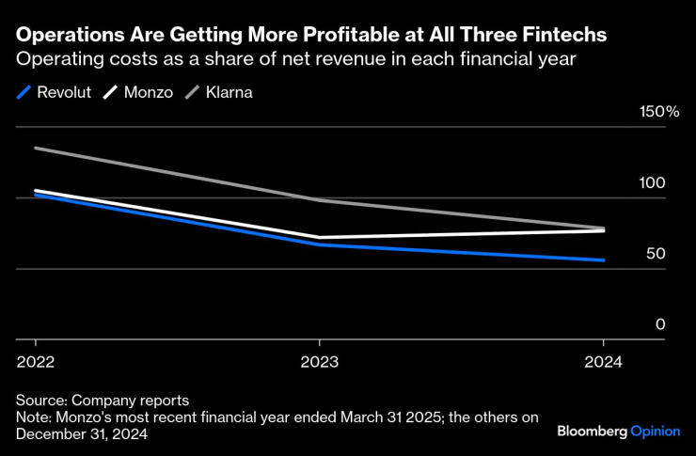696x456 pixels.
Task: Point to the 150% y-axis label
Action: click(659, 112)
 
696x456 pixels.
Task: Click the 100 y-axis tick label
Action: click(653, 183)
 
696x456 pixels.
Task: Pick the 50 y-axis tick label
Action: click(656, 254)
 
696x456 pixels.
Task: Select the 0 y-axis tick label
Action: click(660, 324)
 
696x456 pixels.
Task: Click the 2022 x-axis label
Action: click(35, 362)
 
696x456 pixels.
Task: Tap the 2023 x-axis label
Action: click(319, 362)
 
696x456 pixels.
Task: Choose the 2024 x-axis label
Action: click(603, 362)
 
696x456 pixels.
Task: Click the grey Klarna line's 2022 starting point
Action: click(36, 148)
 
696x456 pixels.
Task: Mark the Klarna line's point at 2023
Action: click(319, 199)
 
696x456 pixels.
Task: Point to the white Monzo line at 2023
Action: click(319, 237)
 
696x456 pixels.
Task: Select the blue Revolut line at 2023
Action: click(319, 244)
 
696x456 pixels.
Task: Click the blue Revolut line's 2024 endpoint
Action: click(603, 260)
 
